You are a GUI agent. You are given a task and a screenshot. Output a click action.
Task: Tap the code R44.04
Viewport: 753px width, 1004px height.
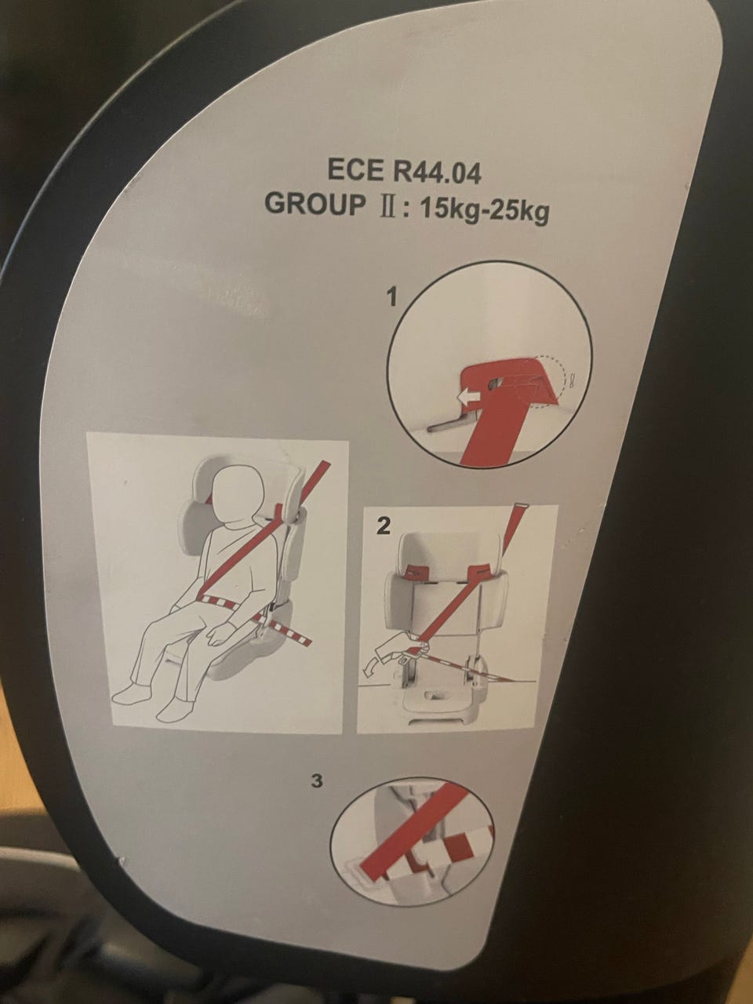click(x=437, y=173)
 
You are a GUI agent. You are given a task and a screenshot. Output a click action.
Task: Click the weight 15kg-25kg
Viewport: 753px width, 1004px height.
click(x=484, y=211)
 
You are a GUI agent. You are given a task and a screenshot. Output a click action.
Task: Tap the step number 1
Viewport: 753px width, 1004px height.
click(x=392, y=298)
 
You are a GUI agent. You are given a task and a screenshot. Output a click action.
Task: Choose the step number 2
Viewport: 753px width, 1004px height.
click(x=383, y=527)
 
